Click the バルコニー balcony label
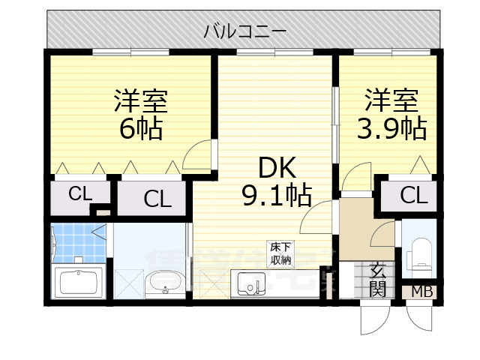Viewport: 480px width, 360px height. click(244, 31)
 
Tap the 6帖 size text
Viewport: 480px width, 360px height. click(141, 129)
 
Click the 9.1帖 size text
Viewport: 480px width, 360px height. click(274, 196)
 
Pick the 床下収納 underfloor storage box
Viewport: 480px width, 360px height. click(280, 253)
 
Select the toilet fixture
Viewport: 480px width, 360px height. click(419, 255)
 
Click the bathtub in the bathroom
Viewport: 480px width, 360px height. click(78, 283)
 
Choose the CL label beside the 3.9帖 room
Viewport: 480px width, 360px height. click(413, 196)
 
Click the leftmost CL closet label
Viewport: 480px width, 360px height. click(79, 193)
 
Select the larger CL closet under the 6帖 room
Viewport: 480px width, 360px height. click(157, 199)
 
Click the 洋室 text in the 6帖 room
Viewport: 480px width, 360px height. click(140, 100)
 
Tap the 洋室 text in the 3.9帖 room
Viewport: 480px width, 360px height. click(391, 100)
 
